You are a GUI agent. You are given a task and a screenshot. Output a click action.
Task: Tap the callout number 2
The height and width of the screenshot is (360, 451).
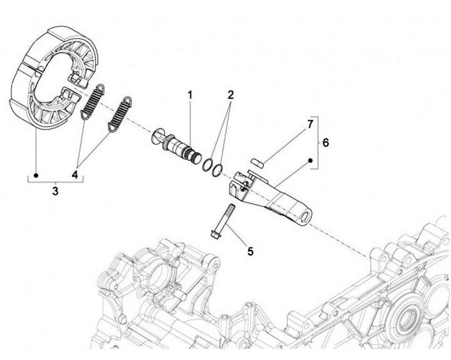[231, 95]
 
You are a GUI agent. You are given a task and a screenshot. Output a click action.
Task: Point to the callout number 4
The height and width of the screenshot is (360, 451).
[76, 175]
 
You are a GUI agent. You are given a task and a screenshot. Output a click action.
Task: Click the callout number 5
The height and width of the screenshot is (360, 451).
[250, 251]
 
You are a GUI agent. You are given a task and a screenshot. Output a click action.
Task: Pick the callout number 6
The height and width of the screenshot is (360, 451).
[325, 143]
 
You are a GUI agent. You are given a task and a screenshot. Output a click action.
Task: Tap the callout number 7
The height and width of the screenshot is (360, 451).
[309, 124]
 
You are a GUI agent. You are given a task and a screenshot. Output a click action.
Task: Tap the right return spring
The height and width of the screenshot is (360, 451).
[121, 113]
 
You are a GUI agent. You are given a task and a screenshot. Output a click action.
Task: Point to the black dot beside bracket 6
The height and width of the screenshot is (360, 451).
[309, 161]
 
